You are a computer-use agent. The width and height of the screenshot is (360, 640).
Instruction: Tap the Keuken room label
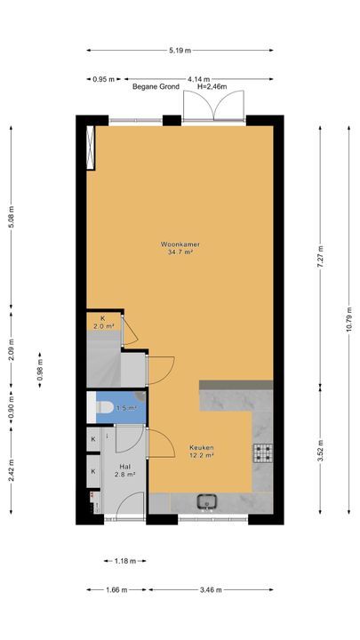coord(202,447)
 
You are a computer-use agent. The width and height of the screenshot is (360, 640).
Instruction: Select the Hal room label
coord(125,466)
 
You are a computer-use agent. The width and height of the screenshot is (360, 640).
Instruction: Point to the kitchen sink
coord(208,501)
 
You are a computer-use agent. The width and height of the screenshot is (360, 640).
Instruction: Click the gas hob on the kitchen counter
coord(263,452)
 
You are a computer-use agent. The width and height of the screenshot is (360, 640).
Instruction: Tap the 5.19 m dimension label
coord(180,51)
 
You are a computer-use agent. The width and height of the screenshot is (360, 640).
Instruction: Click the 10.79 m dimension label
coord(349,319)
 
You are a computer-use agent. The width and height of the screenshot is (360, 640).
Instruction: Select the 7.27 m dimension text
coord(320,257)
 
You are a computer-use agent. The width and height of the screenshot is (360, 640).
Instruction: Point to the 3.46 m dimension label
coord(211,590)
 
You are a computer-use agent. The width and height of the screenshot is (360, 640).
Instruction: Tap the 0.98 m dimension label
coord(40,370)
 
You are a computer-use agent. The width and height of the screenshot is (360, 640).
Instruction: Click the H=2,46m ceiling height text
coord(212,86)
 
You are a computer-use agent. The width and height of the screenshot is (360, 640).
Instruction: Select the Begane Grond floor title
coord(156,86)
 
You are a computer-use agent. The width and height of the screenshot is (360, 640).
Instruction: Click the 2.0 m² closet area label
coord(104,326)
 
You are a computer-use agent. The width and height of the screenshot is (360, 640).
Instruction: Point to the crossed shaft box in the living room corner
coord(91,147)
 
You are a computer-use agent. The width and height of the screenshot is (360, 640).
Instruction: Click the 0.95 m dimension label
coord(104,80)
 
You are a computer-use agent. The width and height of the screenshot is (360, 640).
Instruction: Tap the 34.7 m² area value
coord(180,252)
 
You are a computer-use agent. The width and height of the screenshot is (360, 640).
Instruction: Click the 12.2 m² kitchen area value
coord(202,455)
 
